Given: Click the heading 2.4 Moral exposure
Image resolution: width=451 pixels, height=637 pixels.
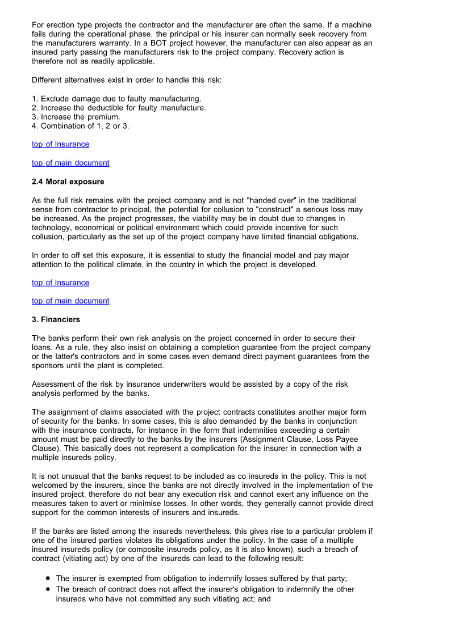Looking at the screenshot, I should (x=68, y=182).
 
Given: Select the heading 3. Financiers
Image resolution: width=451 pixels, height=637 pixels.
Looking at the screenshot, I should (x=56, y=319).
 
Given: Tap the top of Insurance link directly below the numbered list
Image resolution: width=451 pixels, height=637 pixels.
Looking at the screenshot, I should (x=60, y=144).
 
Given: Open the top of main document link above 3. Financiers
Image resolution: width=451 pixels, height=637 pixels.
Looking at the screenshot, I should (x=70, y=301).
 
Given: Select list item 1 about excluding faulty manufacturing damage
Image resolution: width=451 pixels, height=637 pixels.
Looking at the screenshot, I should (x=116, y=99).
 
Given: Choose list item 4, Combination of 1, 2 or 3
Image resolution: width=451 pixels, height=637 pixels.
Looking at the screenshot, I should (x=81, y=126).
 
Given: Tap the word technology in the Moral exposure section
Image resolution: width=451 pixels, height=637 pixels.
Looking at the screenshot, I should (x=53, y=227).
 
